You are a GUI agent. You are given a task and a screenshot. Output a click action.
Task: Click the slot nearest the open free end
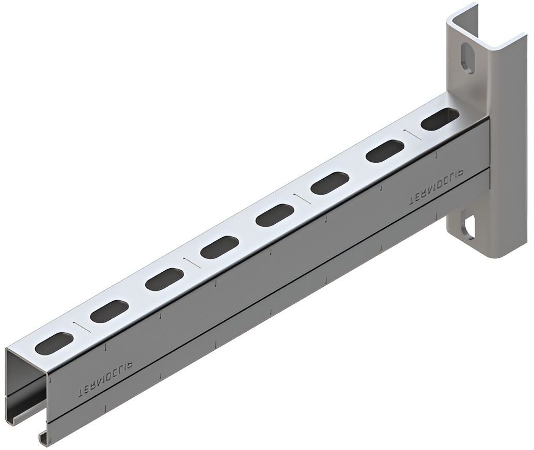[55, 344]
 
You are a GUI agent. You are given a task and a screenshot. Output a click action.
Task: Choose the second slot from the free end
[109, 312]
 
